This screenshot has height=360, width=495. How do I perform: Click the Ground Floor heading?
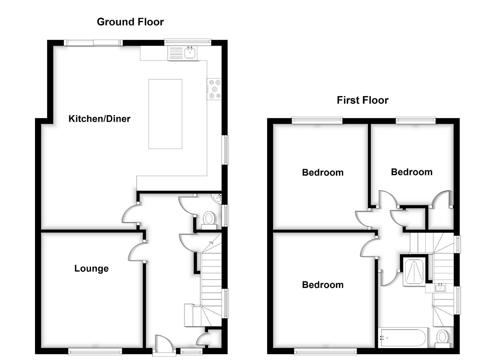point(130,22)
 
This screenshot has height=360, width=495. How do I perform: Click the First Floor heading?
point(362,100)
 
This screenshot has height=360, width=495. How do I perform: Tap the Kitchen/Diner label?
point(99,119)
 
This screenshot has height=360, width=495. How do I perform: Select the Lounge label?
point(91,269)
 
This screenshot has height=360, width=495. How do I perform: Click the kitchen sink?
point(190,52)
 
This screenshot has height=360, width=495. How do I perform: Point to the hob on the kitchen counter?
point(214,89)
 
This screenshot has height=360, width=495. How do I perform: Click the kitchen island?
point(165,114)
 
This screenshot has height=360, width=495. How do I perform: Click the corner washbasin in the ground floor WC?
point(218,198)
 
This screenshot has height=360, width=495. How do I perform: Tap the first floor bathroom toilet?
point(442,338)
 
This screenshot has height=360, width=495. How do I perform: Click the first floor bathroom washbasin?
point(440,287)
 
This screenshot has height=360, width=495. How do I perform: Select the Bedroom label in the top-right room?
point(412,172)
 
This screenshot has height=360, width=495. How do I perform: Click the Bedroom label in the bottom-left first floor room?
point(323,285)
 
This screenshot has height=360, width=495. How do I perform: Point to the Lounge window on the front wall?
point(95,351)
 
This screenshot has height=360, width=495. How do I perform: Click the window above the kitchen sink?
point(188,42)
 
